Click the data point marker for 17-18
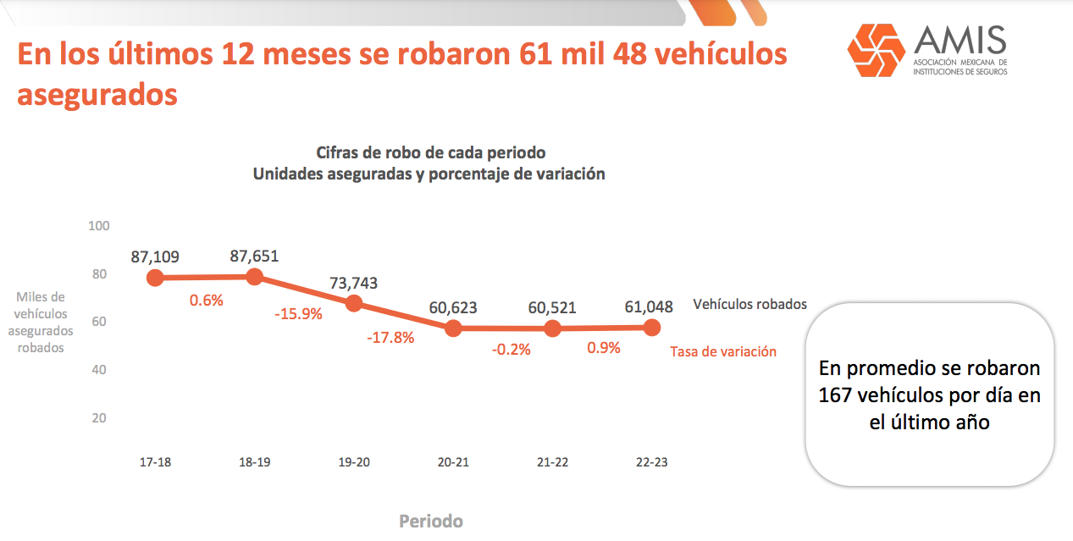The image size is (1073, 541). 155,278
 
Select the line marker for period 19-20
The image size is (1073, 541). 354,303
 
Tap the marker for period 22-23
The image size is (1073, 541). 652,327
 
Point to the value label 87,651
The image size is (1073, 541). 254,257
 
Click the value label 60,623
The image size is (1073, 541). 453,308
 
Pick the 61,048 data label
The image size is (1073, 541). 651,306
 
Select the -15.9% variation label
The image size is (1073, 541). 298,314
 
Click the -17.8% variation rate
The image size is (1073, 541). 390,338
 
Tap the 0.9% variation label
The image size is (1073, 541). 604,347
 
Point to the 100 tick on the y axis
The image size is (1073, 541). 99,226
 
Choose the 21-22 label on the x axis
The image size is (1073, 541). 552,462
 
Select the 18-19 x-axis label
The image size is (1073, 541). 254,462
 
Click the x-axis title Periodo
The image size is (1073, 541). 431,521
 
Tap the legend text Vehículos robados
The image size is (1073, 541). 749,304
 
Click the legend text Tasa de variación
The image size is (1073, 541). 723,351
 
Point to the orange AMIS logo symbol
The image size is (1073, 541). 877,50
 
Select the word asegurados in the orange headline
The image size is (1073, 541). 97,94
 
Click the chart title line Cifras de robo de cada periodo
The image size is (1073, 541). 430,153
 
